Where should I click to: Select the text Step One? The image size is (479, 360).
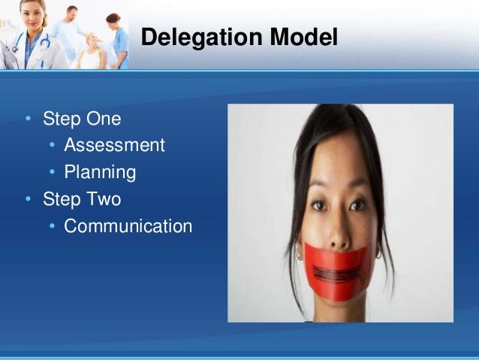[x=82, y=119]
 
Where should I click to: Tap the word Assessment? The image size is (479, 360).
[x=114, y=146]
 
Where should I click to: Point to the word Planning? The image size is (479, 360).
[x=100, y=173]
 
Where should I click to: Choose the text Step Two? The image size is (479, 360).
[x=82, y=200]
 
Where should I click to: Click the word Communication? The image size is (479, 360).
[x=128, y=226]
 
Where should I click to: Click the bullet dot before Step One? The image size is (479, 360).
[x=28, y=119]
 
